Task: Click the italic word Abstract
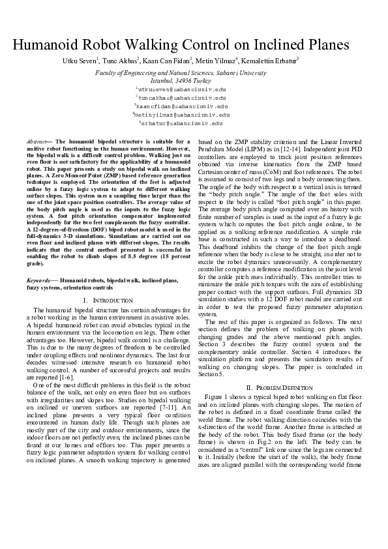[36, 141]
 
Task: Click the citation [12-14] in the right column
[345, 149]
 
